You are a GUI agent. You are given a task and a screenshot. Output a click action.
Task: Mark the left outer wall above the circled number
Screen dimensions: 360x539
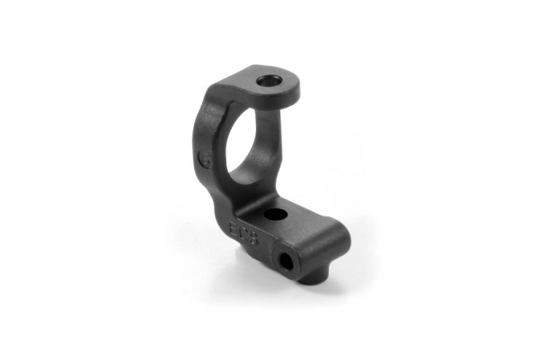[203, 126]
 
